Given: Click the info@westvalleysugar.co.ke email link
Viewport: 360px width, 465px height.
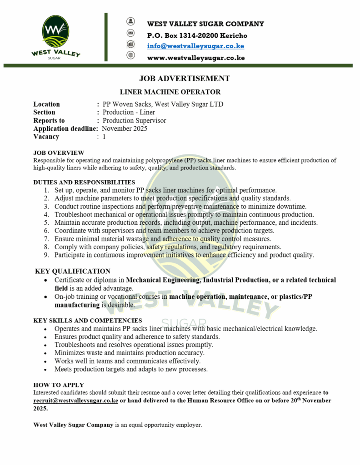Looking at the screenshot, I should [195, 46].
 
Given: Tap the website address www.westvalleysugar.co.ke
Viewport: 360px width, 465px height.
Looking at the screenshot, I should [196, 58].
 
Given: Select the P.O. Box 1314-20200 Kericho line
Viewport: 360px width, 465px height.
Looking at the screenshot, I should [197, 35].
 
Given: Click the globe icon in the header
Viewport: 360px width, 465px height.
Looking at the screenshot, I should [131, 55].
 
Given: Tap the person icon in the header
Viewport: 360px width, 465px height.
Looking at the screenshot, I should [131, 21].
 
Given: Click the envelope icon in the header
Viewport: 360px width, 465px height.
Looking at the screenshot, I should [131, 33].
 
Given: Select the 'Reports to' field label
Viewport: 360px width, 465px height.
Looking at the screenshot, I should [49, 120].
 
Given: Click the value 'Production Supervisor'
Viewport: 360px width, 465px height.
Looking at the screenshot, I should [134, 120].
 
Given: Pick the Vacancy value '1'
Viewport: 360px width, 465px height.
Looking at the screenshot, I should [104, 137].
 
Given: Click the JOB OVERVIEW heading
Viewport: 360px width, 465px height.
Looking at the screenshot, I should [59, 153].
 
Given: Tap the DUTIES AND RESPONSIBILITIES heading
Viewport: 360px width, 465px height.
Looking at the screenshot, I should [84, 182].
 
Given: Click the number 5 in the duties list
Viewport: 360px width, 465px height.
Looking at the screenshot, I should [46, 223].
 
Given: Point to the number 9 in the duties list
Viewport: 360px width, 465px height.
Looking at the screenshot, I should [46, 255].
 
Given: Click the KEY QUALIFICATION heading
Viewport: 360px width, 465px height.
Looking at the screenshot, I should [73, 271].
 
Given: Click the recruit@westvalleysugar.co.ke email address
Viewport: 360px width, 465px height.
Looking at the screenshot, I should [76, 401].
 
